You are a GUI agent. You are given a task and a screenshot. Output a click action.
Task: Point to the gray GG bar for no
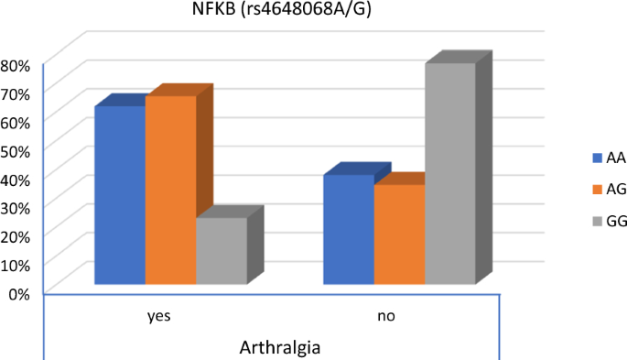point(449,173)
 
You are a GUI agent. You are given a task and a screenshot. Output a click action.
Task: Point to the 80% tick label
point(17,65)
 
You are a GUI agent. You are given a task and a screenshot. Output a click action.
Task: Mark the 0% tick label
point(21,293)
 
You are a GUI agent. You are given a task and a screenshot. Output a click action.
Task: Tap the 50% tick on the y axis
point(17,150)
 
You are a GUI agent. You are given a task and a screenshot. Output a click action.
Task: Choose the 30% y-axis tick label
point(17,207)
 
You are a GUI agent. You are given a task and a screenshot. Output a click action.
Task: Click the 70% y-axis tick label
point(17,93)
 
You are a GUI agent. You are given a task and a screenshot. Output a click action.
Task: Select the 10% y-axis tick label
point(17,265)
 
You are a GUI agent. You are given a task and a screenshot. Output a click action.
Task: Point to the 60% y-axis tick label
point(17,122)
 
